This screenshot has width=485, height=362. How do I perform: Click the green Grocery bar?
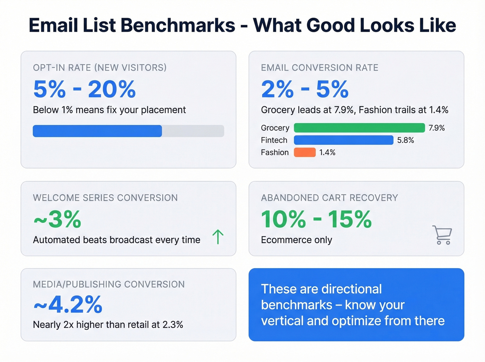coord(359,128)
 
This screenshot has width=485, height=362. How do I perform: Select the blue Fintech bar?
coord(343,140)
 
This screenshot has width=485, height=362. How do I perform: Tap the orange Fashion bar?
coord(305,152)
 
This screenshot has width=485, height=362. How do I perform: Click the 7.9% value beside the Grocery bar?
coord(436,128)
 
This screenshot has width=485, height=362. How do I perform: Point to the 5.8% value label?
coord(405,140)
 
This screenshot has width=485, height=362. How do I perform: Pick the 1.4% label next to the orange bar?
coord(327,152)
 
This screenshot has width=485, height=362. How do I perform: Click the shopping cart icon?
coord(442,235)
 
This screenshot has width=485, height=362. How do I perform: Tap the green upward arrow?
coord(218,237)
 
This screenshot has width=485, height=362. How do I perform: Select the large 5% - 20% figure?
coord(84,89)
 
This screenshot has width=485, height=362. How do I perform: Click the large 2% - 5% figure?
coord(305,89)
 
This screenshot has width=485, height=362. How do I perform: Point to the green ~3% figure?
coord(58,219)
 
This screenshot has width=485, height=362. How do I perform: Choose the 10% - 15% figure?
coord(316,219)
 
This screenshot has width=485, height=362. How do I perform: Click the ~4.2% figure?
coord(68,304)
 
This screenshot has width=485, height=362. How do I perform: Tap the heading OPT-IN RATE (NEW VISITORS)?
coord(100,68)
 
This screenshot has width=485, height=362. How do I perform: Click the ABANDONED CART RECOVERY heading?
coord(329,198)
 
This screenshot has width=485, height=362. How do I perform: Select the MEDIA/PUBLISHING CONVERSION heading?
coord(109,284)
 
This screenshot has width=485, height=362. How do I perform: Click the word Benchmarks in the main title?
coord(178,25)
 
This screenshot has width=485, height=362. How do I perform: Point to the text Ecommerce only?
coord(297,240)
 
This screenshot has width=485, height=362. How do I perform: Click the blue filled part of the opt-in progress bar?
coord(97,131)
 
